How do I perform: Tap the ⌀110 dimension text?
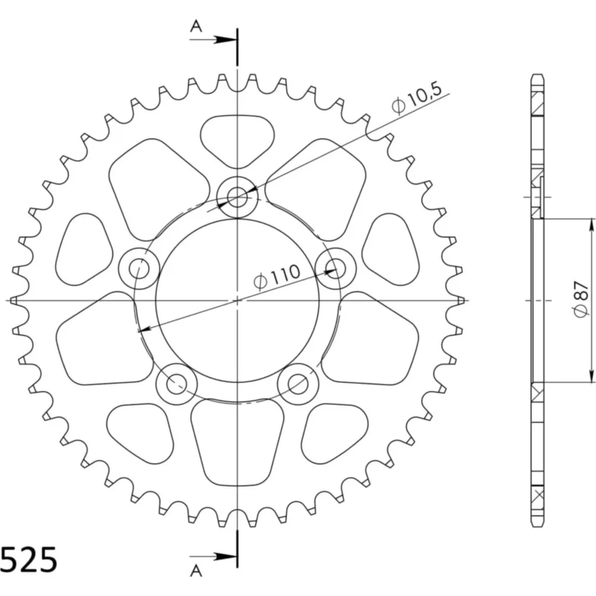pyautogui.click(x=277, y=277)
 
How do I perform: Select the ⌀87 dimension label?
pyautogui.click(x=582, y=300)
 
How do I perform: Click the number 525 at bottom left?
pyautogui.click(x=29, y=560)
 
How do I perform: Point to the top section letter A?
pyautogui.click(x=196, y=26)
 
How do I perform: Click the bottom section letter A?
pyautogui.click(x=196, y=570)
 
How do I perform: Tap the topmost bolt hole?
pyautogui.click(x=237, y=197)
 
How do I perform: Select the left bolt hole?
pyautogui.click(x=139, y=269)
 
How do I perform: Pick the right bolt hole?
pyautogui.click(x=336, y=268)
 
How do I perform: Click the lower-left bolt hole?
pyautogui.click(x=176, y=384)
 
